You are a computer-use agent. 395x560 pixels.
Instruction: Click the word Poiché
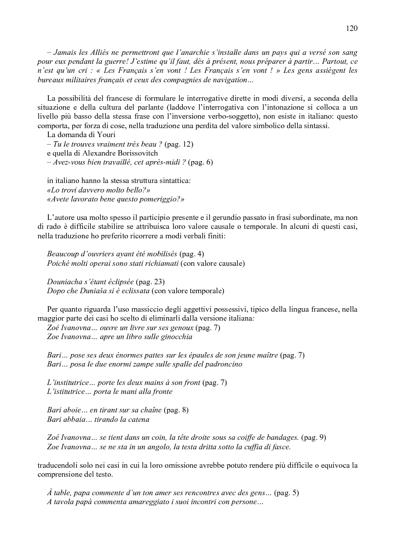click(59, 263)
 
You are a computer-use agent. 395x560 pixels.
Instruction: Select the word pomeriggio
click(159, 198)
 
